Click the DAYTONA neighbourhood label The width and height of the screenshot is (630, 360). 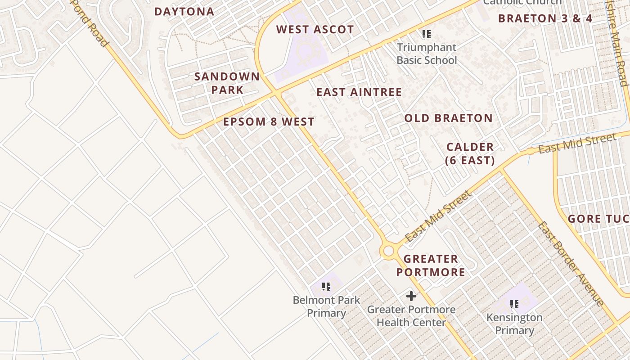click(184, 12)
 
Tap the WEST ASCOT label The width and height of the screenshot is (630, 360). click(315, 30)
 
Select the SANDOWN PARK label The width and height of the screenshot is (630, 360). click(227, 83)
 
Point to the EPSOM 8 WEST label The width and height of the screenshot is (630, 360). click(269, 122)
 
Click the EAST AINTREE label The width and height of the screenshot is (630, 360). click(359, 92)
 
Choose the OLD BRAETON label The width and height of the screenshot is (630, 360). click(448, 118)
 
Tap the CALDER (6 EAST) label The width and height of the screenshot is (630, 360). click(470, 153)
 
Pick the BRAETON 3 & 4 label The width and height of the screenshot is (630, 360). click(545, 18)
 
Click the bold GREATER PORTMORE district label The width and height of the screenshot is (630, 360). click(431, 265)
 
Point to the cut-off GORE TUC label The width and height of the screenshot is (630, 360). click(598, 219)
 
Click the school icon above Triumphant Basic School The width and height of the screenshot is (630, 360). click(426, 34)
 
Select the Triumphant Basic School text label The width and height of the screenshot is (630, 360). click(426, 54)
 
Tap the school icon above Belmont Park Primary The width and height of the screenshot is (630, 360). click(326, 286)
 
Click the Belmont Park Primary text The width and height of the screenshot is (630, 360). click(326, 306)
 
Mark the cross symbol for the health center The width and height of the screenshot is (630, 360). click(411, 296)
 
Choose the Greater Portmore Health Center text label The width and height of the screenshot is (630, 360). click(411, 316)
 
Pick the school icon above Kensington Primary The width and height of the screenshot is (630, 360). click(514, 304)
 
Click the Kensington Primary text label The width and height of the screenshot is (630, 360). click(514, 324)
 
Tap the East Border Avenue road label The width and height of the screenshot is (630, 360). click(571, 264)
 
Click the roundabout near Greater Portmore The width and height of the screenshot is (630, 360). click(389, 251)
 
